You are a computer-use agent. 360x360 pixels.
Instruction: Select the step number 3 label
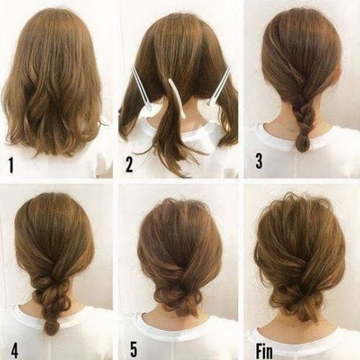258,162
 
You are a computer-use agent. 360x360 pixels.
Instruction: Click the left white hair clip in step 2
142,90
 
